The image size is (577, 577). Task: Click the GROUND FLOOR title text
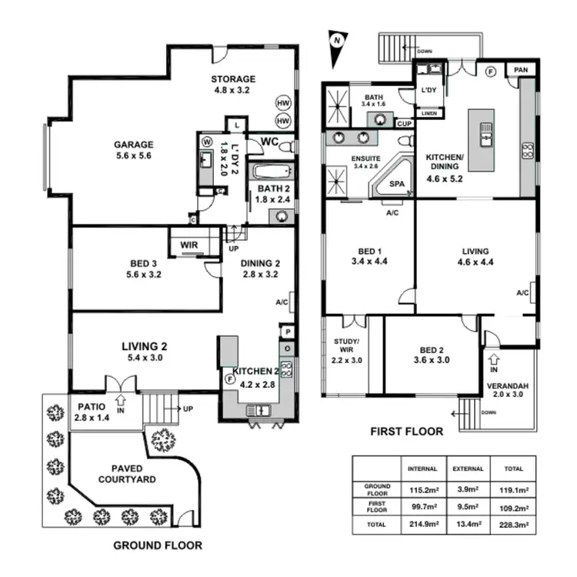pos(158,545)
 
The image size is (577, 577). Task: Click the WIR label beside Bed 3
pos(189,245)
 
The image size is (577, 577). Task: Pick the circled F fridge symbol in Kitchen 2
pos(228,379)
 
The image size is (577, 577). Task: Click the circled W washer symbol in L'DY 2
pos(207,142)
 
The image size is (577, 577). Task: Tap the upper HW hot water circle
pos(283,103)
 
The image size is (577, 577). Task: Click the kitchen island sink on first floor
pos(485,134)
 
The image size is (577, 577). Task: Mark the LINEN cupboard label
pos(429,113)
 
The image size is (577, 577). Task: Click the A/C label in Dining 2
pos(281,302)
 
